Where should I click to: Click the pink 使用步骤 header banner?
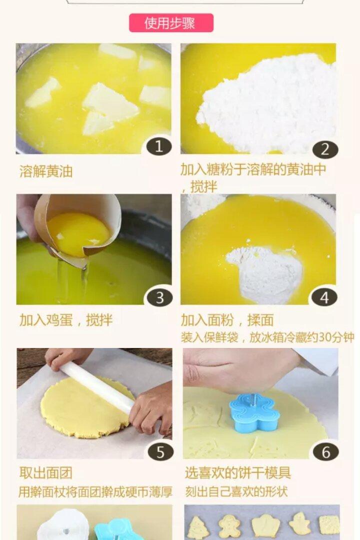click(x=171, y=23)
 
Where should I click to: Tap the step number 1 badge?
click(x=159, y=146)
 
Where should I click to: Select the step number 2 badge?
click(x=325, y=149)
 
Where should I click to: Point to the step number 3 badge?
click(x=159, y=297)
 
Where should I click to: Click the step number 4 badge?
click(x=324, y=297)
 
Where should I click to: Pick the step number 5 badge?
click(x=160, y=452)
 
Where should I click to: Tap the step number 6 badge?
click(x=325, y=452)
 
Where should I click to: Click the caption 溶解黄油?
click(x=46, y=171)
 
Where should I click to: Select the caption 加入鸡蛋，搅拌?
click(x=66, y=320)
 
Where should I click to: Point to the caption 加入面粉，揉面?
click(x=227, y=320)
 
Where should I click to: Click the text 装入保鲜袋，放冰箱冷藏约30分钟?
click(x=267, y=337)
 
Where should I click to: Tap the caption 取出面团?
click(x=46, y=473)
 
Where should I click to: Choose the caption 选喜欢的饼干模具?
click(x=237, y=473)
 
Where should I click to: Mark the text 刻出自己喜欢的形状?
click(x=236, y=492)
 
